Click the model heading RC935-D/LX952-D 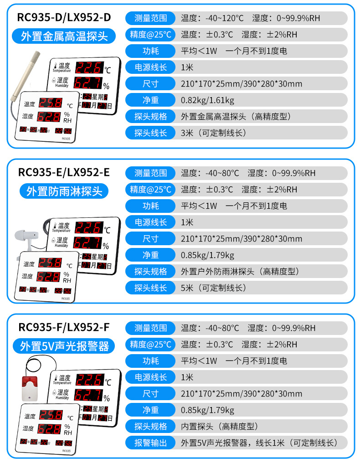64,18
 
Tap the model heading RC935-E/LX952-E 64,172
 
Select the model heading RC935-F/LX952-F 64,327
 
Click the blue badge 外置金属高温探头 64,36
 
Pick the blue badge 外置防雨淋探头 64,191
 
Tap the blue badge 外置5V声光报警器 64,346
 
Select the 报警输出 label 150,443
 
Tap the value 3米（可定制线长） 213,133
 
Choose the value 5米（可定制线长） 213,288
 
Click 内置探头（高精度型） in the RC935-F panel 220,427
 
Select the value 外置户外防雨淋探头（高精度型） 240,272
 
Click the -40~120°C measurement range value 212,18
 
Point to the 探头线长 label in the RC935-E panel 150,288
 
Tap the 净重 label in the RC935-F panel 150,410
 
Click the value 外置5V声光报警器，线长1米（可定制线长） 258,443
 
